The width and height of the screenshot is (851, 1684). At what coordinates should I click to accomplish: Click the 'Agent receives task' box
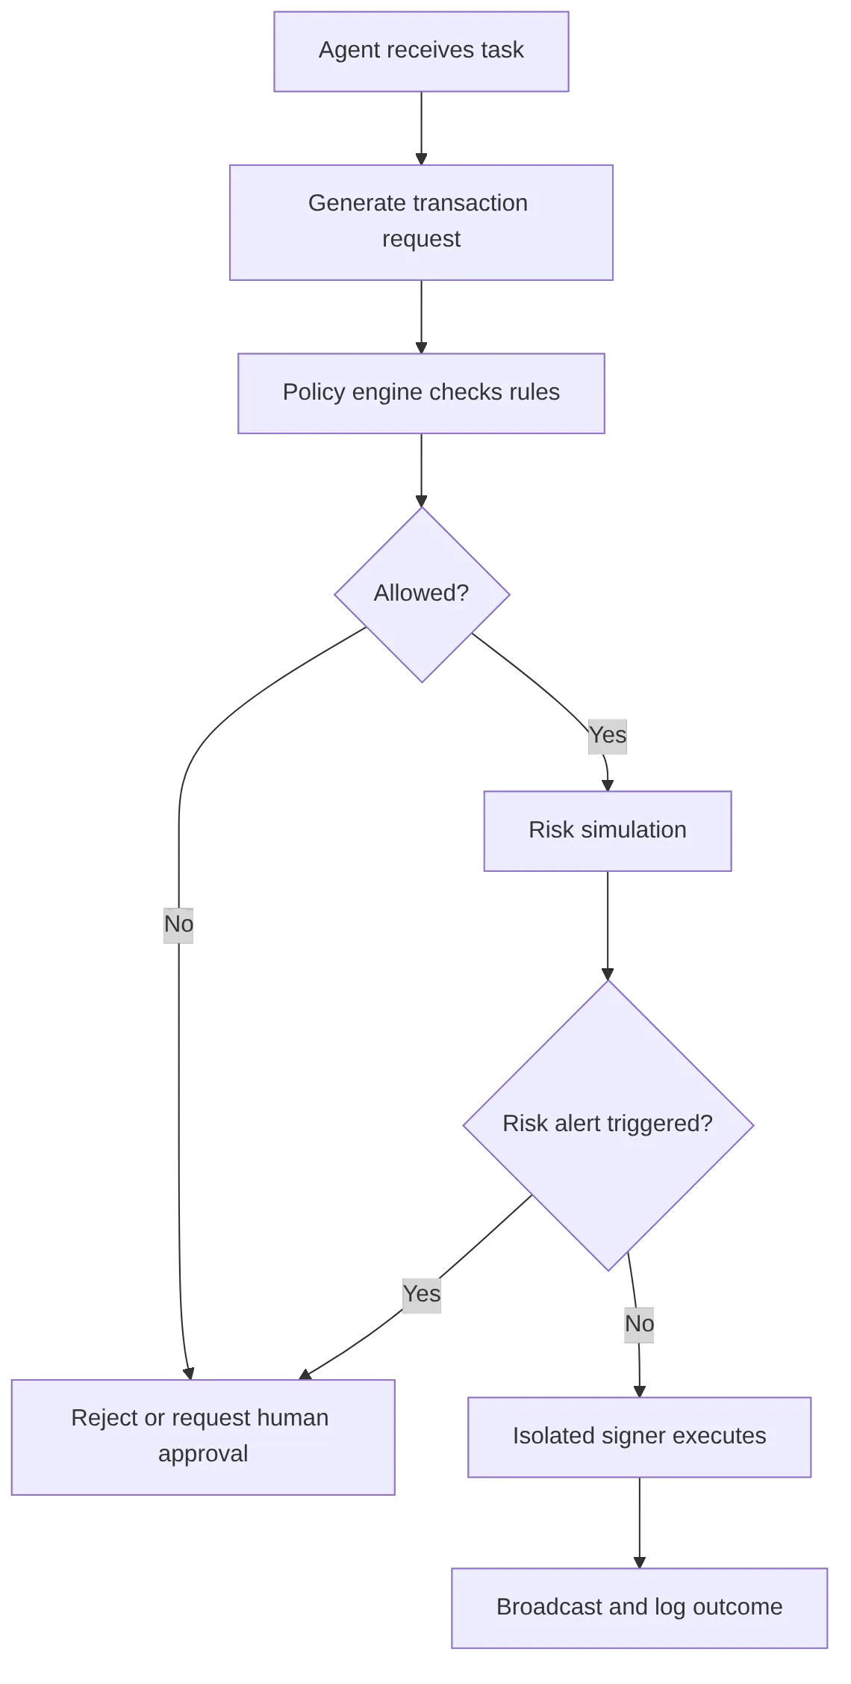[x=421, y=51]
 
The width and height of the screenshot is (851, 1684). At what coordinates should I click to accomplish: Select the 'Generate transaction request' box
[x=421, y=221]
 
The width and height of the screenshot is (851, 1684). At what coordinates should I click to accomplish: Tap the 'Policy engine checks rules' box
[x=421, y=393]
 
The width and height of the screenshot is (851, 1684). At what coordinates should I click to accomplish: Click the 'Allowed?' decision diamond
[x=422, y=594]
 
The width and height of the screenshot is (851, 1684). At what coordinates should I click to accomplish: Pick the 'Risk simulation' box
[x=608, y=830]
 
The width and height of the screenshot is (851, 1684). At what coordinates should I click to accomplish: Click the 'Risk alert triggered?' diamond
[x=608, y=1124]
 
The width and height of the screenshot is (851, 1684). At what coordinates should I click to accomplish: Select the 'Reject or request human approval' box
[x=202, y=1436]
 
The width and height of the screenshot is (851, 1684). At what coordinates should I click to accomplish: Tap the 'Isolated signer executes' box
[x=639, y=1436]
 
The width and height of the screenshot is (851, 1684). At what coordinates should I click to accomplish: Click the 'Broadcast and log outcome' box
[x=639, y=1606]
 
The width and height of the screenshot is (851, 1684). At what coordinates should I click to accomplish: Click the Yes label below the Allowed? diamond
[x=607, y=735]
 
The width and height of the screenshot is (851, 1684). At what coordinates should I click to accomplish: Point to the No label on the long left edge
[x=179, y=924]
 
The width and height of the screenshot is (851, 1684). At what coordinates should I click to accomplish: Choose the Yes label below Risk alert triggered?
[x=421, y=1293]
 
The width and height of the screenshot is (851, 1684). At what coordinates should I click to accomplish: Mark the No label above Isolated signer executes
[x=639, y=1323]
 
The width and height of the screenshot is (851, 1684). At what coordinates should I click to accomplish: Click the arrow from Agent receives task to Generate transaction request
[x=421, y=127]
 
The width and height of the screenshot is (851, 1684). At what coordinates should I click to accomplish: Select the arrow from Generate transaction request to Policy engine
[x=421, y=315]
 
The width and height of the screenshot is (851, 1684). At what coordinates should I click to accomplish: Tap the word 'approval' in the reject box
[x=203, y=1454]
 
